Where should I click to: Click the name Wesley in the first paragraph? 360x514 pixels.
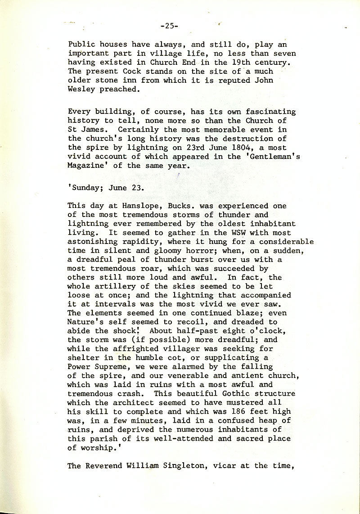point(81,89)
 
